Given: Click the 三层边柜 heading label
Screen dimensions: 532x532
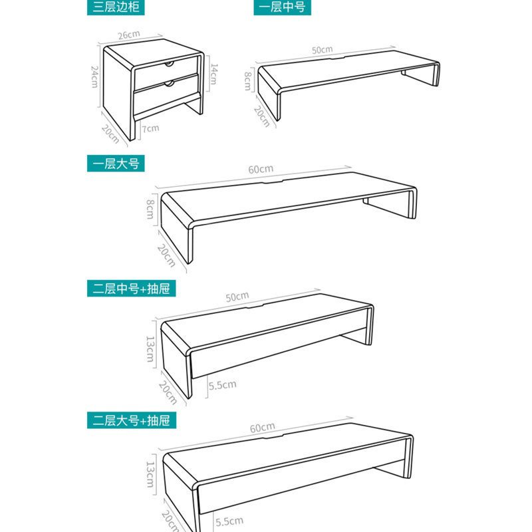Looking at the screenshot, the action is pyautogui.click(x=116, y=7).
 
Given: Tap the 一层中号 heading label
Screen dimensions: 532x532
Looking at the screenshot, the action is pyautogui.click(x=282, y=7).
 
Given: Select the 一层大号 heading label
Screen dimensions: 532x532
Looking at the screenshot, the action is pyautogui.click(x=116, y=164).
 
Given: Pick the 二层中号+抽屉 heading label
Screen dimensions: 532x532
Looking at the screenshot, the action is pyautogui.click(x=131, y=289).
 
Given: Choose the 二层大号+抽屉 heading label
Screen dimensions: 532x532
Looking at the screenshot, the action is pyautogui.click(x=131, y=420).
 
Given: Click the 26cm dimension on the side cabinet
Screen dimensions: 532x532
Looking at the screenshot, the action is pyautogui.click(x=129, y=35).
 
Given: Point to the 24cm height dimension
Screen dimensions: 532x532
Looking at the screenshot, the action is pyautogui.click(x=94, y=77).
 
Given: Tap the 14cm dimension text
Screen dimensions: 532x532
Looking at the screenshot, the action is pyautogui.click(x=213, y=74).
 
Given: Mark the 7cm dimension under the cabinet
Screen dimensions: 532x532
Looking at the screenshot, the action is pyautogui.click(x=151, y=128).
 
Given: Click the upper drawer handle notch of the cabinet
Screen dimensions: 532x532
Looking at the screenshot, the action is pyautogui.click(x=169, y=64).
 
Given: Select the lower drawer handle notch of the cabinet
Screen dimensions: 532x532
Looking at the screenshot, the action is pyautogui.click(x=169, y=84).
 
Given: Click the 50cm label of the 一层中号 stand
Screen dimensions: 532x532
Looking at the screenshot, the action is pyautogui.click(x=323, y=50).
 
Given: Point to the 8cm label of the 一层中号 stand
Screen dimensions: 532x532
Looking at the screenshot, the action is pyautogui.click(x=248, y=81).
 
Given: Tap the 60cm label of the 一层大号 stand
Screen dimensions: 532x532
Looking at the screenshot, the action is pyautogui.click(x=261, y=169).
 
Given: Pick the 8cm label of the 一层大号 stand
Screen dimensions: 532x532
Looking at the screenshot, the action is pyautogui.click(x=150, y=209).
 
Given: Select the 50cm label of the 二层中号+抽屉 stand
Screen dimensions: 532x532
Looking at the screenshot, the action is pyautogui.click(x=237, y=297).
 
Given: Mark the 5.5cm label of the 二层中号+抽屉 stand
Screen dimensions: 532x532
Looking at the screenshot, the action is pyautogui.click(x=222, y=385).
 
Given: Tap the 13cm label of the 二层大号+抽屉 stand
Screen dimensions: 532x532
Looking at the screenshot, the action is pyautogui.click(x=150, y=474).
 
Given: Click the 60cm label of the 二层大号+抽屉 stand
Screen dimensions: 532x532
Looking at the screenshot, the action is pyautogui.click(x=262, y=428).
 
